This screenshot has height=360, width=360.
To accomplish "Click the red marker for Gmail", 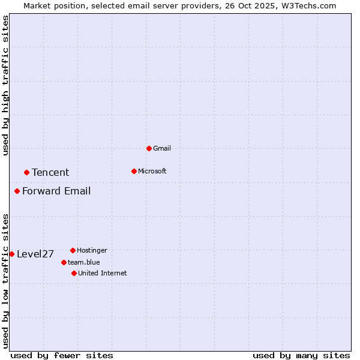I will (x=149, y=148).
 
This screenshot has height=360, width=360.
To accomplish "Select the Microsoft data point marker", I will (x=134, y=171).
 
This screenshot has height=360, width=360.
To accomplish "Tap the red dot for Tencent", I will (x=26, y=172).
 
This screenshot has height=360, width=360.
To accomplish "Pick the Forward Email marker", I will (x=17, y=191).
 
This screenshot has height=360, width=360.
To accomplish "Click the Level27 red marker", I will (x=11, y=254).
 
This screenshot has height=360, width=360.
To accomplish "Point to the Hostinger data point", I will (x=73, y=250).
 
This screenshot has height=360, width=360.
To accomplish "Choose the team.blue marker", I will (x=64, y=262).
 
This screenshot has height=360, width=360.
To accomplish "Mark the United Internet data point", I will (x=74, y=273).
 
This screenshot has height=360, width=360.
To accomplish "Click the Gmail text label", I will (x=162, y=148).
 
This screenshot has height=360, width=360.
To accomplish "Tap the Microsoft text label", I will (x=152, y=171).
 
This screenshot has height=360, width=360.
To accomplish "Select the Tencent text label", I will (x=50, y=173).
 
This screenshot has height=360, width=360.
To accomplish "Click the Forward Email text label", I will (x=56, y=191).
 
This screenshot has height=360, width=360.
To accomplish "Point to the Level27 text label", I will (x=35, y=254).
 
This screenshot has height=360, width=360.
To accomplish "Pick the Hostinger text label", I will (x=92, y=250).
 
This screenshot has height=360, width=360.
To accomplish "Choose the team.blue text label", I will (x=84, y=262).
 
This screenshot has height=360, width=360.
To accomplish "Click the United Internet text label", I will (x=103, y=273).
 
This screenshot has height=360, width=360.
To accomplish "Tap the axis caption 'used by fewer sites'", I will (x=62, y=355).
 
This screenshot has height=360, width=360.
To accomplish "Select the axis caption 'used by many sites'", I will (x=301, y=355).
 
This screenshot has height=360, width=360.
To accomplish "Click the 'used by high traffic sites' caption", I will (x=5, y=85).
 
